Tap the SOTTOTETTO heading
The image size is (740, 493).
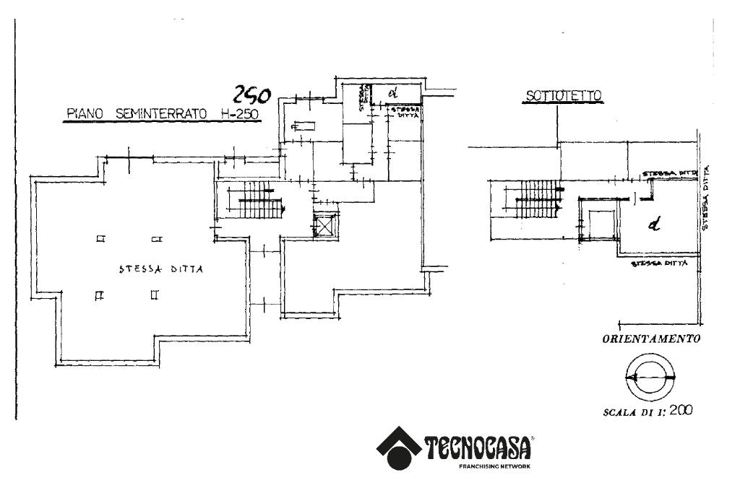click(564, 95)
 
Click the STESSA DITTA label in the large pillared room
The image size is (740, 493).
click(161, 269)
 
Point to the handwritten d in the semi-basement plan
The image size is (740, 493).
click(394, 92)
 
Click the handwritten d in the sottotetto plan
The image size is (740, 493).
click(655, 226)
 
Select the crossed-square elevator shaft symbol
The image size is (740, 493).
click(325, 226)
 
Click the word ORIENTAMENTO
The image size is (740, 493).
click(650, 339)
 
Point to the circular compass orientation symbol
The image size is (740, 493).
click(650, 378)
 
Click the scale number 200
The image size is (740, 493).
click(681, 411)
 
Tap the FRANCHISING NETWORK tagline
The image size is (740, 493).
click(494, 467)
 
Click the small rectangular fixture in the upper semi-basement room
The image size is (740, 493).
click(303, 127)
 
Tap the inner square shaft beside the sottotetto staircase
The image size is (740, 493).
click(601, 224)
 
